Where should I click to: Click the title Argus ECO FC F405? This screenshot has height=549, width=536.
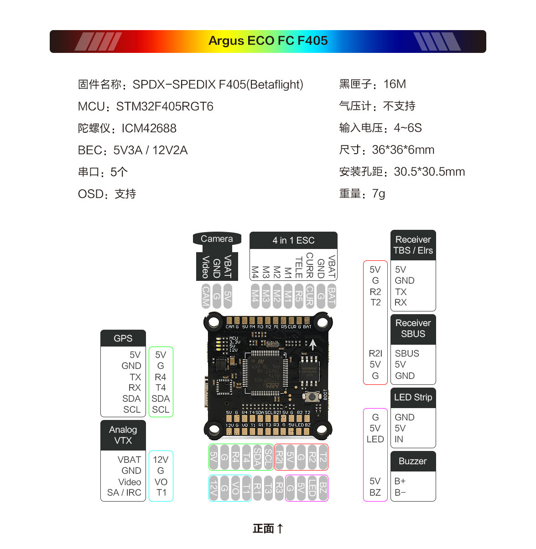[268, 41]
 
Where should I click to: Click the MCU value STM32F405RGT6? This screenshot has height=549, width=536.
[165, 107]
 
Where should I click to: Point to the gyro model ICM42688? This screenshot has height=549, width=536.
[149, 129]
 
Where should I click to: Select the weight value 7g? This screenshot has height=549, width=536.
[379, 194]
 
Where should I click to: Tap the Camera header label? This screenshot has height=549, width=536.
[217, 239]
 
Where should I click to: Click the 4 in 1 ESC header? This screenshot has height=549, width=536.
[293, 240]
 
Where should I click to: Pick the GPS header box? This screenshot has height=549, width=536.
[123, 338]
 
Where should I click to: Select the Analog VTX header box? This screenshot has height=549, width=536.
[123, 435]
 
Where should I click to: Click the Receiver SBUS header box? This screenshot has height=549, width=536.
[413, 329]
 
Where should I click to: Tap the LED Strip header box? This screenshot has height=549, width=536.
[413, 398]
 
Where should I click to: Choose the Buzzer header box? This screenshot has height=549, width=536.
[413, 461]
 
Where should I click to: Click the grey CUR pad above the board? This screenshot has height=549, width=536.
[310, 296]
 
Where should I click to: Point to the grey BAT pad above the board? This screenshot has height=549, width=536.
[332, 296]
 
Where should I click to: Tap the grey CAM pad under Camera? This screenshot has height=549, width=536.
[206, 296]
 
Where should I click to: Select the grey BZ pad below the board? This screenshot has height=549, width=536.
[323, 488]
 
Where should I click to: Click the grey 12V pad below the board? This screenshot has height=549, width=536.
[213, 488]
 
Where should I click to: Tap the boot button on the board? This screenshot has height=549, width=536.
[313, 397]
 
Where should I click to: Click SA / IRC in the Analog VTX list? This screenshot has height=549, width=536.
[124, 493]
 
